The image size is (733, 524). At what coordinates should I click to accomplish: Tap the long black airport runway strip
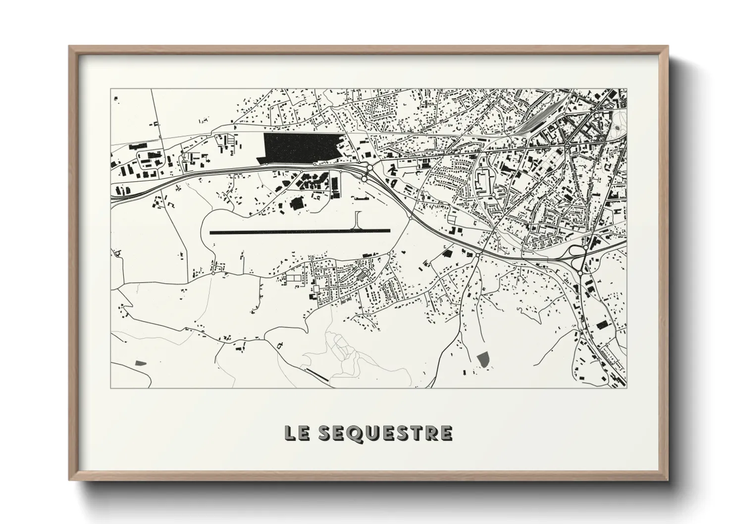(300, 231)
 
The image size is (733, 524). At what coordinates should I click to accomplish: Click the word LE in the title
(296, 433)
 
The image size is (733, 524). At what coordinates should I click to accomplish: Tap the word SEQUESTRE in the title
(384, 433)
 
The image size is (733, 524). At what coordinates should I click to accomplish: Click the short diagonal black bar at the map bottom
(316, 375)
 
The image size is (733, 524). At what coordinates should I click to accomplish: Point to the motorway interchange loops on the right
(578, 252)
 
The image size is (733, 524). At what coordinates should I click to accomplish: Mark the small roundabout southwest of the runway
(213, 273)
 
